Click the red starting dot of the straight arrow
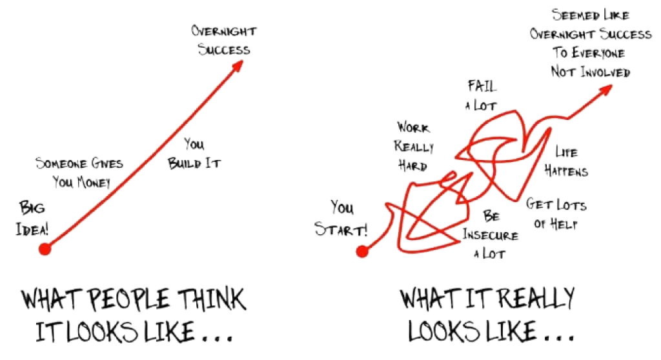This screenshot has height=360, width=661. [x=44, y=250]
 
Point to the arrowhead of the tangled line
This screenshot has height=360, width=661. [x=606, y=90]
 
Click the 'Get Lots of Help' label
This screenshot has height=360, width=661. [x=557, y=214]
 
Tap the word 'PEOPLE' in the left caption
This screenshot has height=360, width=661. [x=127, y=300]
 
